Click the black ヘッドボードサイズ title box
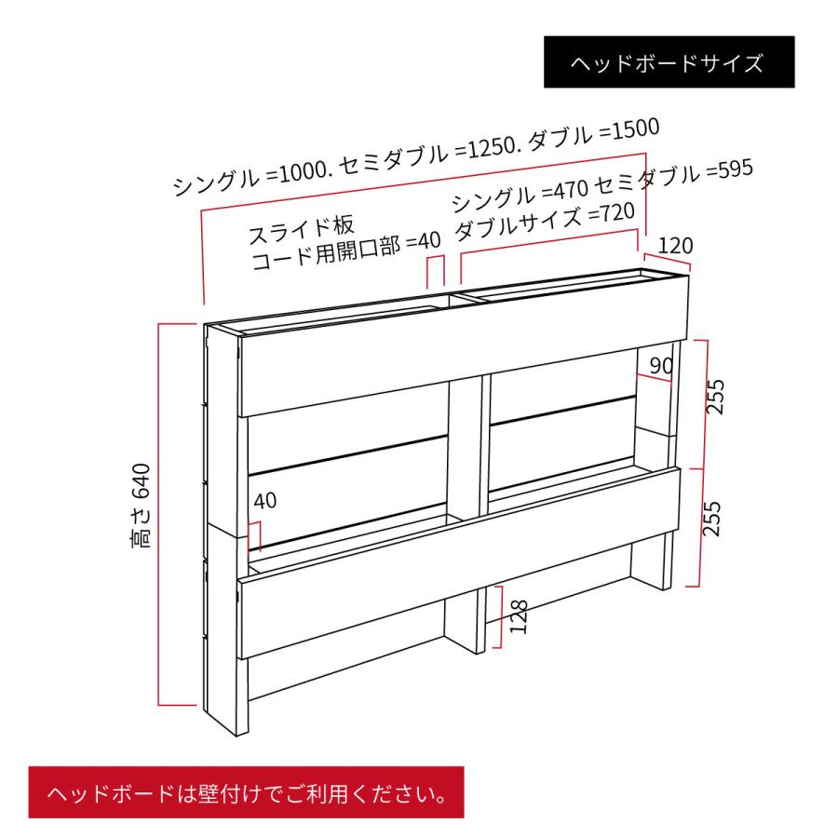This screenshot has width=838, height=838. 669,62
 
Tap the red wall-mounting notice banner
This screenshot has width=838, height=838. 245,794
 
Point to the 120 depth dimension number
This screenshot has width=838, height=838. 675,246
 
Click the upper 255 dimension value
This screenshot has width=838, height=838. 715,395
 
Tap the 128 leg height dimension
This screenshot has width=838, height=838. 520,616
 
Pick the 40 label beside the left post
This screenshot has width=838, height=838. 264,501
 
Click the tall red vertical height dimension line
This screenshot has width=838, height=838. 160,513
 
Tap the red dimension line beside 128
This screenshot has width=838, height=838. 502,616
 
